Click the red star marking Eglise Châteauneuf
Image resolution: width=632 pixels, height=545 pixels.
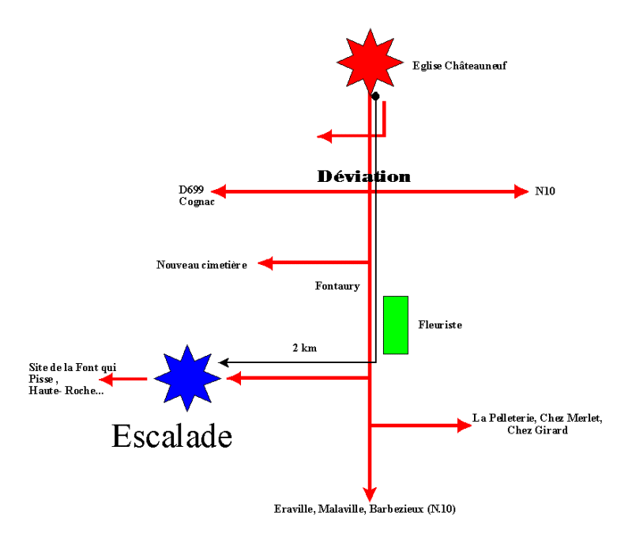point(370,62)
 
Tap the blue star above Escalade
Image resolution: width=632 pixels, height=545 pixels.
point(187,378)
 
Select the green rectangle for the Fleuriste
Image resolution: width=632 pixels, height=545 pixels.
point(396,325)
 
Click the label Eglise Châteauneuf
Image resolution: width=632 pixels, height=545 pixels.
point(459,66)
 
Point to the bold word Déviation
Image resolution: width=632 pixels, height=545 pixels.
point(363,176)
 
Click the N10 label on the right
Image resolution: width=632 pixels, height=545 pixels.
point(545,191)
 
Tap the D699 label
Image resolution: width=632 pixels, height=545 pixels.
point(191,189)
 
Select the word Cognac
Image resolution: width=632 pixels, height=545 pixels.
point(197,202)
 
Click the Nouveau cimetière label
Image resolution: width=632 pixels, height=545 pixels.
point(201,265)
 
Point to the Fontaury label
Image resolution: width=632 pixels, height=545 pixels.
point(337,286)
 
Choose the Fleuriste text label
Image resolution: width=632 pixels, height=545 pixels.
point(440,325)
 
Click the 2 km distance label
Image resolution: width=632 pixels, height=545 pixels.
point(304,348)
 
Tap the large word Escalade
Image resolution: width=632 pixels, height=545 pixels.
point(171,436)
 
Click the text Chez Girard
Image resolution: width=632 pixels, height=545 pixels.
point(537,430)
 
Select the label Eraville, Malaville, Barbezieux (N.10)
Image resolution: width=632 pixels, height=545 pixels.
point(365,509)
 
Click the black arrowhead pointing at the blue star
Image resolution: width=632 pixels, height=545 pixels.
point(224,362)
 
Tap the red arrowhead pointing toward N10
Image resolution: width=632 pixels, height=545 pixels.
point(521,191)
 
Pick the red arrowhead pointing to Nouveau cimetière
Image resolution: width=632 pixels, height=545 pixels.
point(265,263)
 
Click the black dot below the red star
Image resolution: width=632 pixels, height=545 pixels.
point(375,96)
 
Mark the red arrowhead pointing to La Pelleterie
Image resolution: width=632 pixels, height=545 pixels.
point(465,425)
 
